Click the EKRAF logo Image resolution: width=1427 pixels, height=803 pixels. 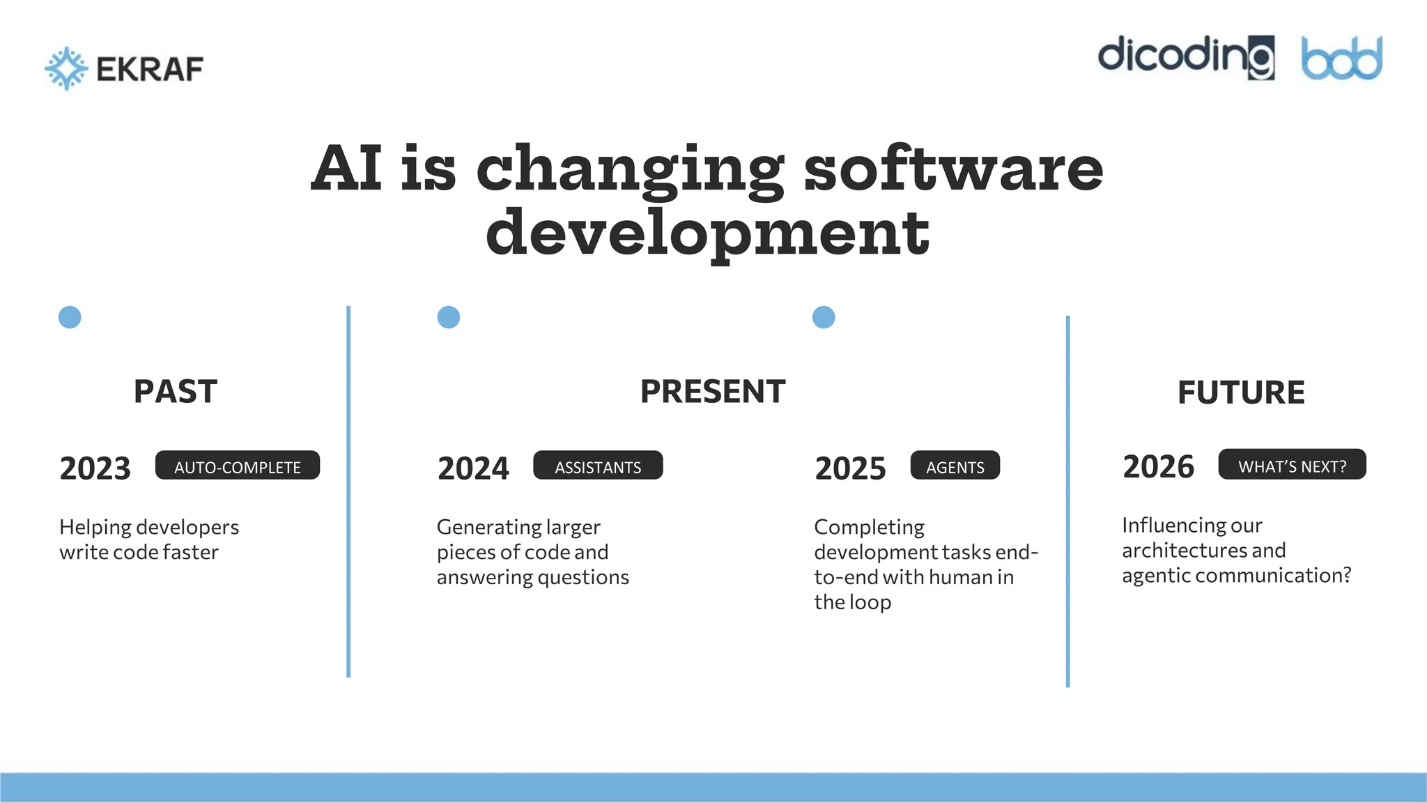click(124, 68)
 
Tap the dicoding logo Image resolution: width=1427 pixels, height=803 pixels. click(1186, 57)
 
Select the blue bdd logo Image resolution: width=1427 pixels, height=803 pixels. click(1341, 59)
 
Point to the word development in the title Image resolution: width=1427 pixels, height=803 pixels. click(707, 232)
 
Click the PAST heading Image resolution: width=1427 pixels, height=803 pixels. click(176, 391)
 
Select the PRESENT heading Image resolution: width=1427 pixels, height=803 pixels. click(713, 391)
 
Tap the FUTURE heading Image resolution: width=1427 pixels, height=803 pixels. click(1241, 392)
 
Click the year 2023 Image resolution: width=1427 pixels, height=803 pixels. click(95, 468)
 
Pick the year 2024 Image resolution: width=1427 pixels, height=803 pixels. click(473, 468)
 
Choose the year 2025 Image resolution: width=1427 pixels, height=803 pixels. click(850, 468)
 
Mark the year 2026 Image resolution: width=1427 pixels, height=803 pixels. click(1158, 466)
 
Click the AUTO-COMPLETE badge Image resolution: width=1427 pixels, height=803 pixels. click(238, 466)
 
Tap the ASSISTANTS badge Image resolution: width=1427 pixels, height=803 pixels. click(598, 466)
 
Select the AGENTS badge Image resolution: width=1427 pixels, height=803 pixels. click(955, 466)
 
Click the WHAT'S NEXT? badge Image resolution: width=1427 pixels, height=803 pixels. click(1292, 465)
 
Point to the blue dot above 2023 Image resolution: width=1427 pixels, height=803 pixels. click(70, 317)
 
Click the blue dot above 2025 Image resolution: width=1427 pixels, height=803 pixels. click(824, 317)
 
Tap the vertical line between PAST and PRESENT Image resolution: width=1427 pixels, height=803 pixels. click(348, 491)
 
